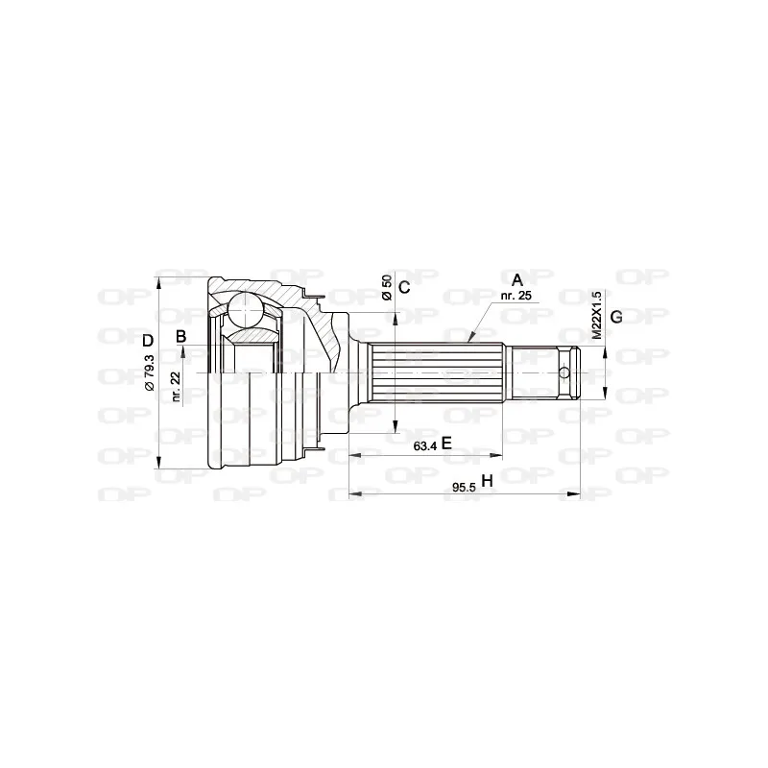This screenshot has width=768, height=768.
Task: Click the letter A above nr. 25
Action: point(517,280)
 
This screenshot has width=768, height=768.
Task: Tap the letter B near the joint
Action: point(181,337)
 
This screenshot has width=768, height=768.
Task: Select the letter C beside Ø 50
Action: point(404,287)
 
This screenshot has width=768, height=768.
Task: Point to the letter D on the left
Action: point(148,341)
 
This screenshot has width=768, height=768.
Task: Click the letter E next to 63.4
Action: point(446,444)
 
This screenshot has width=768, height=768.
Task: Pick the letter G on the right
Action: point(616,317)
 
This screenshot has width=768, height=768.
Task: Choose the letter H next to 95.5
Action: point(487,481)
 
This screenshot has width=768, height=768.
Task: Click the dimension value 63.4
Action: point(425,446)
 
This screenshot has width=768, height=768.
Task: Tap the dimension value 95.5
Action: point(464,488)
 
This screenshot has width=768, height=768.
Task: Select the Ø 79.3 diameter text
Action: point(150,372)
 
